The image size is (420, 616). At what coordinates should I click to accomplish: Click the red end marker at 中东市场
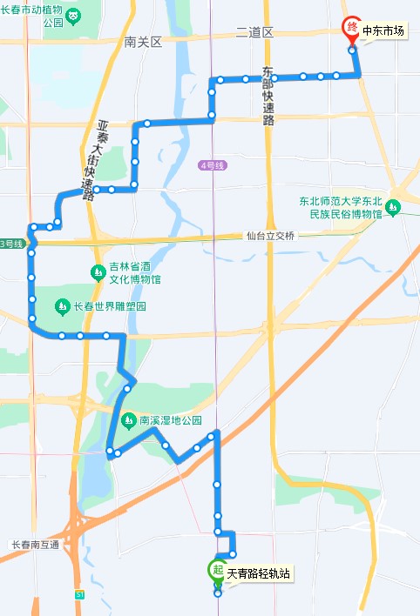[351, 29]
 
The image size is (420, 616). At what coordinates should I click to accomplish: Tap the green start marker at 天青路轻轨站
[216, 571]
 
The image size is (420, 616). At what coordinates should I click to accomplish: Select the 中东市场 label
[383, 31]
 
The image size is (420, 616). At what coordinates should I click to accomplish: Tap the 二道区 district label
[254, 32]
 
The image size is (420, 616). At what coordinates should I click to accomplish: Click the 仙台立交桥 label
[271, 236]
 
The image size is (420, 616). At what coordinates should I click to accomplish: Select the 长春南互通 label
[35, 545]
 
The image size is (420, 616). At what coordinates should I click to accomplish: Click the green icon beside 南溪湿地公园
[129, 419]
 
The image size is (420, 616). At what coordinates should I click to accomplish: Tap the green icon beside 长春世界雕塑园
[62, 306]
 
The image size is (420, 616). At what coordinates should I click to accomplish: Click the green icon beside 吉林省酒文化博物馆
[98, 273]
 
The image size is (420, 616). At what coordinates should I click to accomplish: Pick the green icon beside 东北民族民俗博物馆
[394, 207]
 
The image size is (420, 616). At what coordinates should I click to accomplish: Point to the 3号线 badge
[10, 243]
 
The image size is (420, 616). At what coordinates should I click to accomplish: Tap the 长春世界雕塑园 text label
[109, 306]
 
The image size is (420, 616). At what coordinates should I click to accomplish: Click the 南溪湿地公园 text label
[169, 419]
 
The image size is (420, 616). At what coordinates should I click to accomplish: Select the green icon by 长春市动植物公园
[74, 15]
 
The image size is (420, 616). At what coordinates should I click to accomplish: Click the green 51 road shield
[79, 594]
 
